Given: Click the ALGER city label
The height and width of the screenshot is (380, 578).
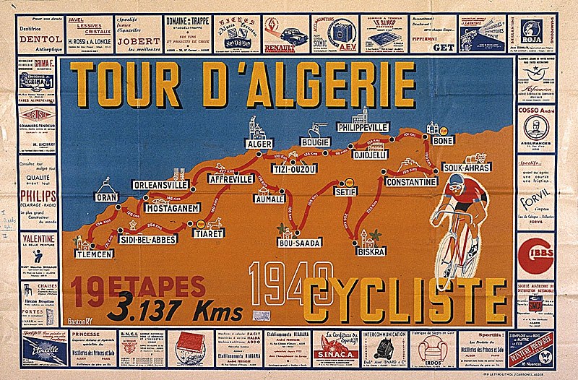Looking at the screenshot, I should (x=259, y=144).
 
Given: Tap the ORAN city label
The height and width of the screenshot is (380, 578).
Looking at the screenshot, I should (x=106, y=197).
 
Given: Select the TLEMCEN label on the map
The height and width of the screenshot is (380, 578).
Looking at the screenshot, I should (x=94, y=254).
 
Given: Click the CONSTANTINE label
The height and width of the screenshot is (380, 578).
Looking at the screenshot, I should (x=410, y=182).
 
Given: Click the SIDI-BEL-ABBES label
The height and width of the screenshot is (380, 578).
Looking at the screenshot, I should (x=147, y=239).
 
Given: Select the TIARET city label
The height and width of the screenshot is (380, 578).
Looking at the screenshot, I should (x=208, y=233).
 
